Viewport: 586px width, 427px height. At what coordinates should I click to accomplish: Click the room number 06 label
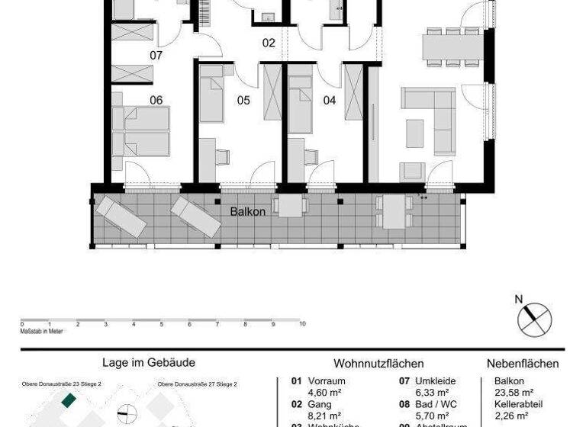156,100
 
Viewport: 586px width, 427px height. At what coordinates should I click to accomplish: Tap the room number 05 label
243,100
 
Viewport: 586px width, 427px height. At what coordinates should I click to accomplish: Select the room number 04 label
330,100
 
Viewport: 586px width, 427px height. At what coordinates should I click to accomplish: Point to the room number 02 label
269,43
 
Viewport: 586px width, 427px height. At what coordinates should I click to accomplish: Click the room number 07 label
156,56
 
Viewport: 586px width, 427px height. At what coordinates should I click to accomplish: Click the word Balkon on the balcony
248,211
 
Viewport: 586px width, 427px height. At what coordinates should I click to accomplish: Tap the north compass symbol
534,318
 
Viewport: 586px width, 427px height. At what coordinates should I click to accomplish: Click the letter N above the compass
519,300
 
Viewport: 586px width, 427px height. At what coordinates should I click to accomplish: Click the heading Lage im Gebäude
149,364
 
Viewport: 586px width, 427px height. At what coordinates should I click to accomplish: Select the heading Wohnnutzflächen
378,364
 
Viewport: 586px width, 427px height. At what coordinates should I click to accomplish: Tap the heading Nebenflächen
523,364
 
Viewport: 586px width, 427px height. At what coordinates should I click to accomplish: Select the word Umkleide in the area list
435,381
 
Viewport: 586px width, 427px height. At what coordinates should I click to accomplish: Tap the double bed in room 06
141,132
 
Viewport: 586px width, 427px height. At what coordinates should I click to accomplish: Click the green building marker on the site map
69,399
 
